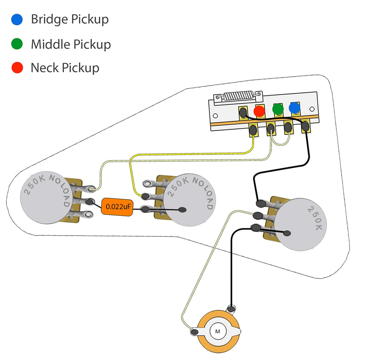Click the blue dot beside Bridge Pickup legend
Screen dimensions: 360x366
(x=17, y=19)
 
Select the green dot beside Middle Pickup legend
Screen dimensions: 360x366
(x=17, y=44)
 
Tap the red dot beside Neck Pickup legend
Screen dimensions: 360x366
(x=17, y=68)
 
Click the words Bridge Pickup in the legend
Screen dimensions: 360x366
(x=70, y=19)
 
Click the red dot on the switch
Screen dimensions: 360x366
(x=259, y=111)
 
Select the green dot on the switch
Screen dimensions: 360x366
(x=278, y=109)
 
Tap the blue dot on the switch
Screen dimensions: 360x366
(x=294, y=108)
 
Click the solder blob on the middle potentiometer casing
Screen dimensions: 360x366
(x=182, y=210)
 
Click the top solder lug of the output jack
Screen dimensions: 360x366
(x=231, y=308)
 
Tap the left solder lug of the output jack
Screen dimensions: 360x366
(x=194, y=332)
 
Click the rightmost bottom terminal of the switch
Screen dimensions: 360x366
(x=305, y=127)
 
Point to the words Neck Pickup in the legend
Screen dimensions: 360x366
(x=65, y=68)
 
